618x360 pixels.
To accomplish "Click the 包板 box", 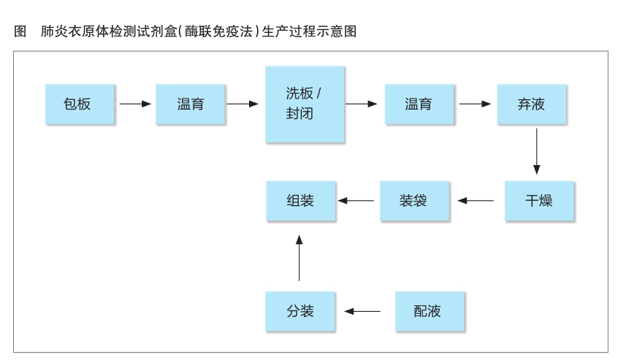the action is [80, 104].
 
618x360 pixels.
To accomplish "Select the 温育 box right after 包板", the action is [191, 104].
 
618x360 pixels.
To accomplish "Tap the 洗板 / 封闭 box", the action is [305, 104].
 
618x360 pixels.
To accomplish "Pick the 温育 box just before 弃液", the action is [419, 104].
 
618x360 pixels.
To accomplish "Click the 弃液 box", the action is [532, 104].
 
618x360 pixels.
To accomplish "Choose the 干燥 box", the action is [539, 201].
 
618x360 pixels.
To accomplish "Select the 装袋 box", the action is [415, 201].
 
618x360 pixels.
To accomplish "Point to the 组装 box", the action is [301, 201].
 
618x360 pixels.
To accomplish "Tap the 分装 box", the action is [300, 311].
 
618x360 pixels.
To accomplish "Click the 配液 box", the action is [430, 311].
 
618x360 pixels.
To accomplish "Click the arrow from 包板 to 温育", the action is [135, 104].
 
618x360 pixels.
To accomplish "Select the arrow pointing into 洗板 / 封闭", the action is [243, 104].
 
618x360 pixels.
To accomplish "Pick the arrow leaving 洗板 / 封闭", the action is [362, 104].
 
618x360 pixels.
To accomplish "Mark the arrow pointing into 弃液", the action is [476, 104].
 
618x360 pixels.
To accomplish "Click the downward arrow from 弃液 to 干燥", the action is [536, 151].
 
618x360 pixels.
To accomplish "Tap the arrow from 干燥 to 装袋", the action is [476, 201].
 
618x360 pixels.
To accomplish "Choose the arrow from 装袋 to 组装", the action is [356, 201].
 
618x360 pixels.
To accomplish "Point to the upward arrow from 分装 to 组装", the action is [300, 258].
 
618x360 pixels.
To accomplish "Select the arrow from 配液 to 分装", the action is [362, 311].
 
